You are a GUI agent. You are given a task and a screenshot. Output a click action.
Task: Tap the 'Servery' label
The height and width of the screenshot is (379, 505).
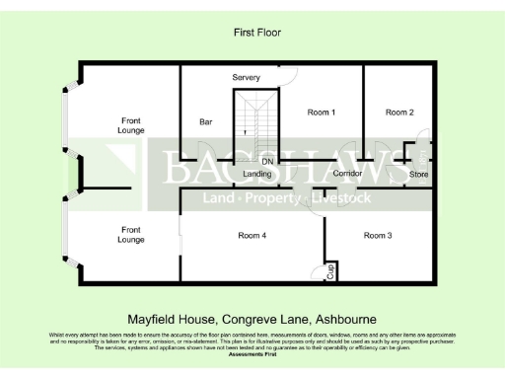pos(246,77)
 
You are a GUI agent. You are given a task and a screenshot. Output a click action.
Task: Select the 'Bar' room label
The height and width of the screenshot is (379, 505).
pos(206,122)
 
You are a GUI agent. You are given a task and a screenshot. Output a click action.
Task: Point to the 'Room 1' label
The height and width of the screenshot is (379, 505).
pos(322,113)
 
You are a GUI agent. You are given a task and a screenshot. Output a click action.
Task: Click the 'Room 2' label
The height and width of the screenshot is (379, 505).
pos(399,113)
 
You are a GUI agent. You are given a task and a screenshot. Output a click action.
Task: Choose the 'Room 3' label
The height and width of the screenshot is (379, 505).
pos(378,235)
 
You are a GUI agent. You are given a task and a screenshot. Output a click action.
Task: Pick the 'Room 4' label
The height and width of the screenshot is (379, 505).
pos(252,235)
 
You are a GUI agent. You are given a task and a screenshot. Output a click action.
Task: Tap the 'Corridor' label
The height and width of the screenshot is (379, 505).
pos(347,174)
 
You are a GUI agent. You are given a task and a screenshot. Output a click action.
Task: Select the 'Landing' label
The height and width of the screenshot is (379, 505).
pos(257,174)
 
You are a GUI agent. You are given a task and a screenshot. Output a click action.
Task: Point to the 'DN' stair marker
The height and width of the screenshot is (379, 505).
pos(266,161)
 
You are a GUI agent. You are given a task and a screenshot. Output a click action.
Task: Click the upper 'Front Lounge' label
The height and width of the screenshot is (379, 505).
pos(129,124)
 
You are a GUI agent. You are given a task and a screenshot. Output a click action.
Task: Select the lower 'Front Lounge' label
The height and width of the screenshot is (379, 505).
pos(131,234)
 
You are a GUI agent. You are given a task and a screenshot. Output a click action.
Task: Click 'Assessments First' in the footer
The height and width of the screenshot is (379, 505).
pos(252,352)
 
